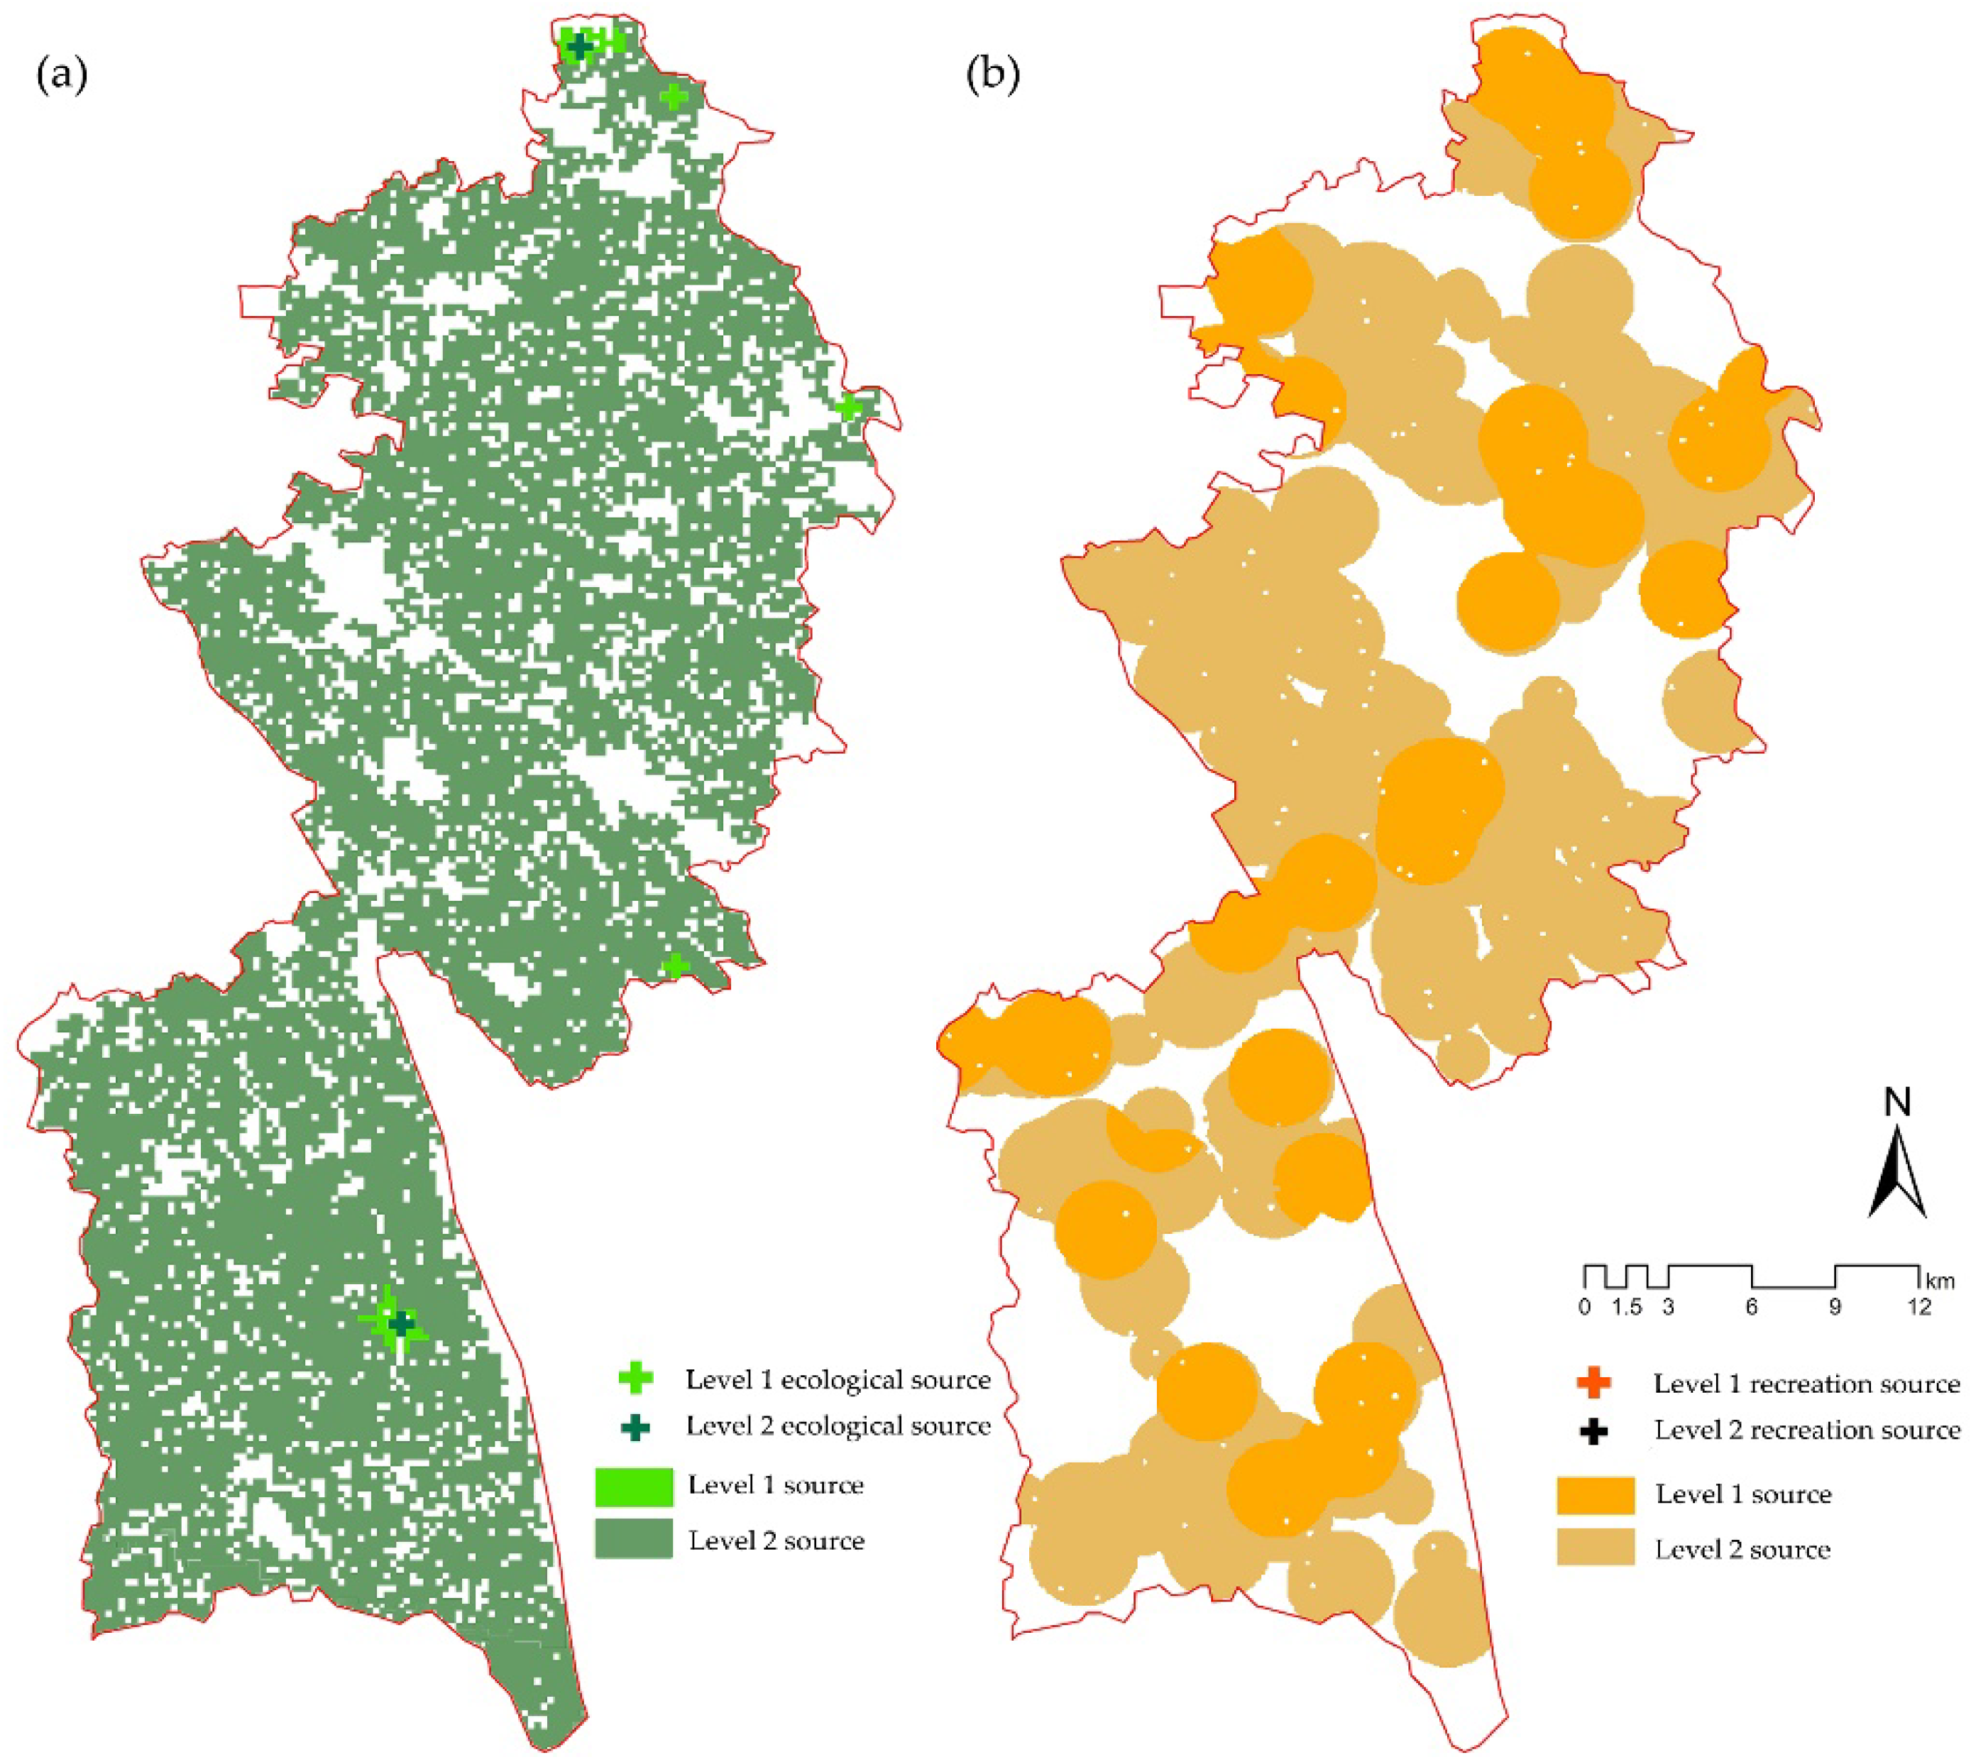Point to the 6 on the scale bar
pyautogui.click(x=1751, y=1307)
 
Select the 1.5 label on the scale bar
pyautogui.click(x=1628, y=1307)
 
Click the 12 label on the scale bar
pyautogui.click(x=1918, y=1307)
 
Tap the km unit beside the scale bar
pyautogui.click(x=1940, y=1281)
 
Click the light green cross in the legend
pyautogui.click(x=635, y=1379)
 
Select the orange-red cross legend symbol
pyautogui.click(x=1593, y=1384)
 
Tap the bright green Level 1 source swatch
pyautogui.click(x=633, y=1486)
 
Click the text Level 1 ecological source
pyautogui.click(x=838, y=1379)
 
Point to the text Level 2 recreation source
pyautogui.click(x=1806, y=1430)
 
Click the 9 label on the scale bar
pyautogui.click(x=1835, y=1307)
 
